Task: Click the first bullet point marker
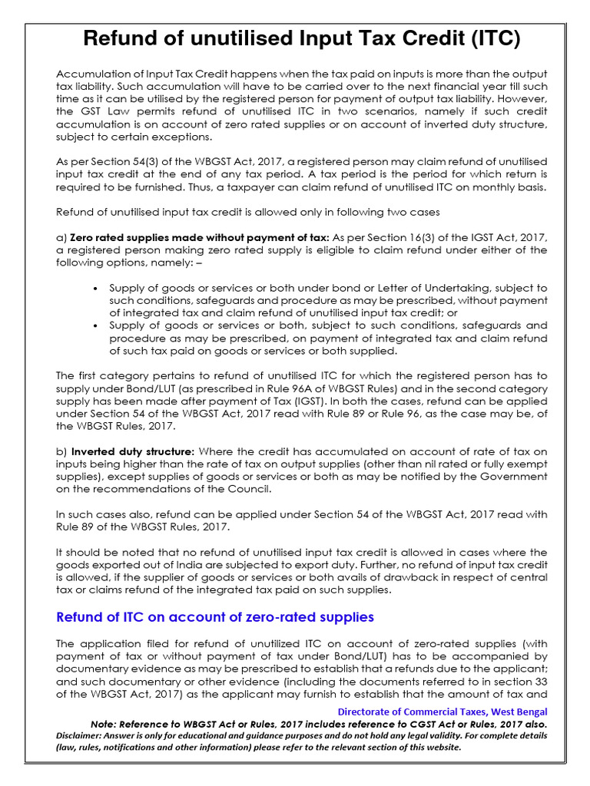[x=94, y=288]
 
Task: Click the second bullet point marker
[x=94, y=325]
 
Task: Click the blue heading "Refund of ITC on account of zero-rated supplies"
[x=216, y=616]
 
